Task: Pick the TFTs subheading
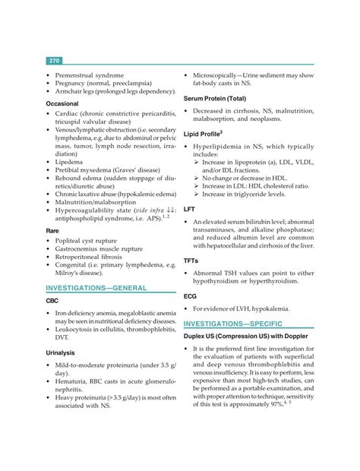click(192, 261)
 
